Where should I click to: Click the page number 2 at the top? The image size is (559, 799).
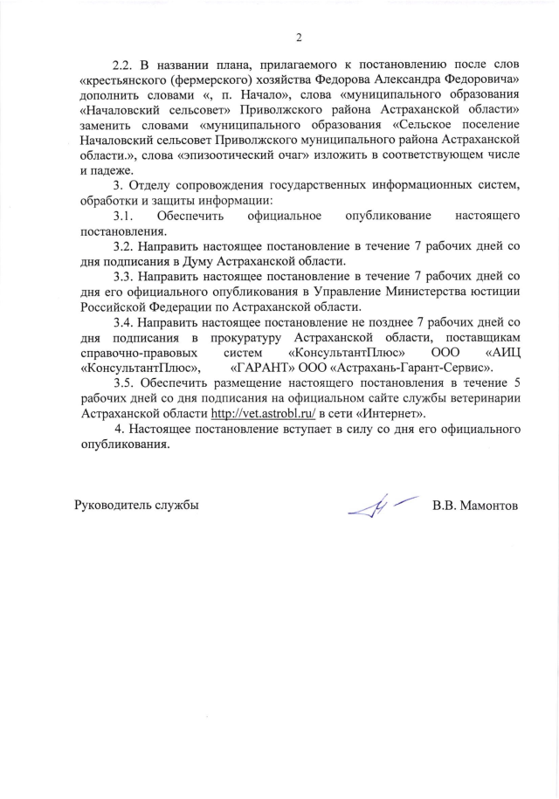[298, 37]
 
